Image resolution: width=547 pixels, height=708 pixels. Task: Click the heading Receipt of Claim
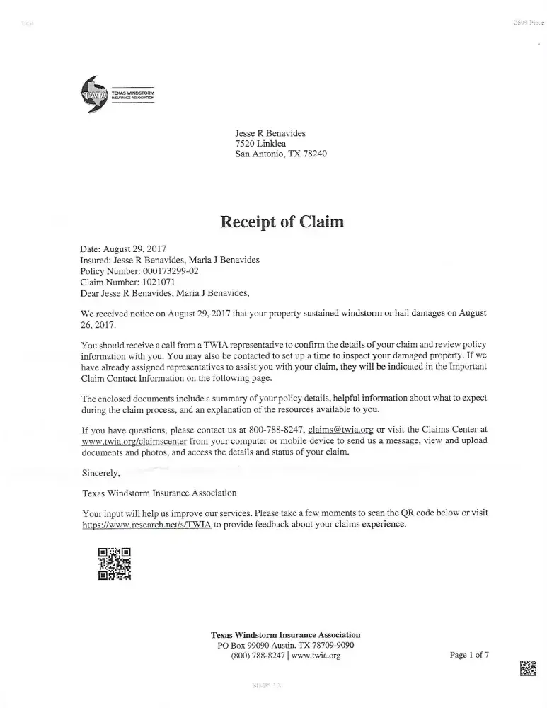pos(282,222)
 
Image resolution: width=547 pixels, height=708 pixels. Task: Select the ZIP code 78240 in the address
pos(314,154)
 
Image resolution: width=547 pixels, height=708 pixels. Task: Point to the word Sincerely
pos(101,472)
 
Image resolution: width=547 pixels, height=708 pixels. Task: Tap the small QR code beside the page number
pos(528,668)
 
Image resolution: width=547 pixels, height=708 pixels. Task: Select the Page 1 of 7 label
pos(469,655)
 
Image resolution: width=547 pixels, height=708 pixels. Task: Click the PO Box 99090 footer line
pos(285,645)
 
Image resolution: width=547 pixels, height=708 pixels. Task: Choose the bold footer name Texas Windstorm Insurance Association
pos(285,634)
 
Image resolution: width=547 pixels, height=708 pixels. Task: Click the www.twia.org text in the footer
pos(316,656)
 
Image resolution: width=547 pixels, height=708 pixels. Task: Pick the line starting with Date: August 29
pos(123,249)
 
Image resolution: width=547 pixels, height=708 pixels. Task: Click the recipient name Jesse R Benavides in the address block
pos(270,132)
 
